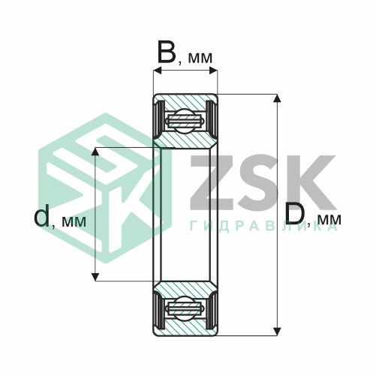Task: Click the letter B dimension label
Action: [167, 53]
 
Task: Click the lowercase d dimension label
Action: [41, 215]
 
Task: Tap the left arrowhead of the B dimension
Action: [158, 71]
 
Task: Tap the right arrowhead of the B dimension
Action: [213, 71]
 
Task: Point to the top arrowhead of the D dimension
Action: [277, 98]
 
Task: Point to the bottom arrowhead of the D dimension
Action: [277, 332]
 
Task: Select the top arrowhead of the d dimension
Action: [95, 152]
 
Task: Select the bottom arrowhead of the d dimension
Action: [95, 277]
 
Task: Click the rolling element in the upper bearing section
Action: [185, 122]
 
